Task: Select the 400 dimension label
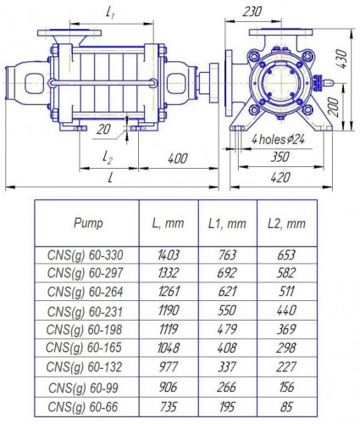pos(177,159)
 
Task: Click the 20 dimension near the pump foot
pos(103,129)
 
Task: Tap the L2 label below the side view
pos(108,158)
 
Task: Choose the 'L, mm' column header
pos(167,224)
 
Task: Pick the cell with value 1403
pos(167,253)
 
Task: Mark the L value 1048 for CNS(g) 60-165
pos(167,349)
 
